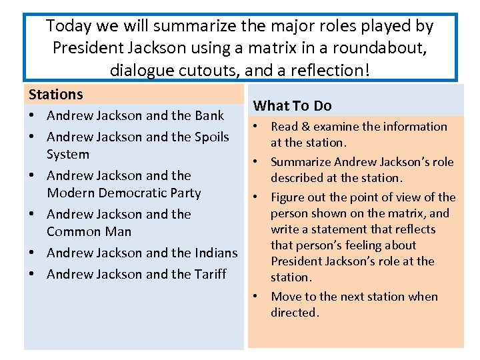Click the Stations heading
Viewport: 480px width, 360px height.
click(x=55, y=95)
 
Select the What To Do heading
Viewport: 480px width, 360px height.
click(x=293, y=105)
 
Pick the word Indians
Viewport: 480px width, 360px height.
click(x=215, y=253)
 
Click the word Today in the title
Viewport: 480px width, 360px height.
click(x=70, y=26)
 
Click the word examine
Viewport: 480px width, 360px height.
click(x=337, y=127)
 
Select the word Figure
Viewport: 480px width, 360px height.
click(x=287, y=197)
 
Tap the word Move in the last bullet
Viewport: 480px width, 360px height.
click(x=286, y=297)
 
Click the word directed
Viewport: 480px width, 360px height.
click(x=295, y=313)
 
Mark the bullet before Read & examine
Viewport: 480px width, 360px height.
click(x=255, y=127)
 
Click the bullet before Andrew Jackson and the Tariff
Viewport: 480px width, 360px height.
click(x=32, y=274)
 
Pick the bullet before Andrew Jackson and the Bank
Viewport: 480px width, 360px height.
click(x=32, y=115)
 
